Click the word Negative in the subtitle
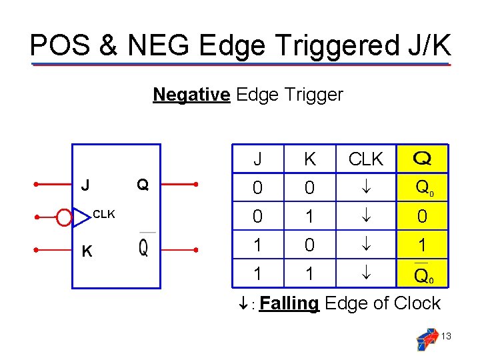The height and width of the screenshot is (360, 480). tap(191, 95)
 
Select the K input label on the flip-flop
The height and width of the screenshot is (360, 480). tap(86, 251)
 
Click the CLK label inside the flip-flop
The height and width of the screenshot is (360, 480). tap(104, 215)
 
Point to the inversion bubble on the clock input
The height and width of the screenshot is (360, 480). tap(64, 217)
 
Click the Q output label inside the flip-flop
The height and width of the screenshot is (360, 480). tap(142, 184)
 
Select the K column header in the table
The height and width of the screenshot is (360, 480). tap(309, 159)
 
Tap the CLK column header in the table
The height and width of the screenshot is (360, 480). tap(365, 159)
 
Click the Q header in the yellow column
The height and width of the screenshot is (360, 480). tap(421, 159)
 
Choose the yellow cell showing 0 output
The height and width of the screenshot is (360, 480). tap(421, 217)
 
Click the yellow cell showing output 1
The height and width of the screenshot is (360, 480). tap(421, 245)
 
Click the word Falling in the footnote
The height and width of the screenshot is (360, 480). tap(289, 303)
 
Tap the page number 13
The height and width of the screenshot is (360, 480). tap(446, 337)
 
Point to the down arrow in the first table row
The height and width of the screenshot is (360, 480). tap(365, 189)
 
